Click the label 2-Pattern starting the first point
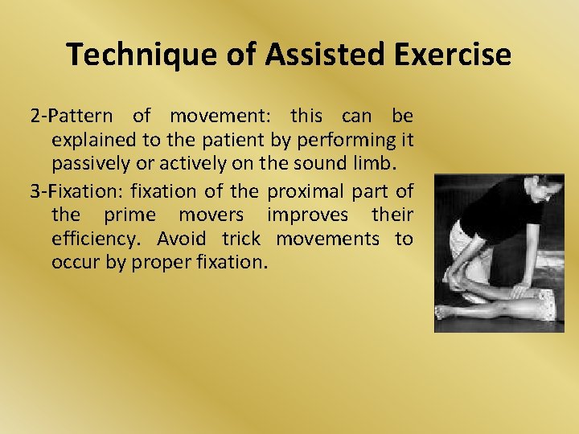(71, 116)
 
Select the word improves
(308, 215)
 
